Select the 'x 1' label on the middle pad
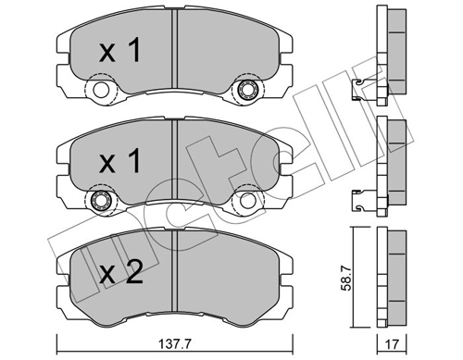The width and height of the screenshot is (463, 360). (x=120, y=164)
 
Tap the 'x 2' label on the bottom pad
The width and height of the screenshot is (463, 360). (x=120, y=272)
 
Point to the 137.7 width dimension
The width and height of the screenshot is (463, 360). (x=175, y=345)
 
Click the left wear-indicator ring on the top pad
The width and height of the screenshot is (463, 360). (x=99, y=91)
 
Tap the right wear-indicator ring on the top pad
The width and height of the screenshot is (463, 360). (x=247, y=91)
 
